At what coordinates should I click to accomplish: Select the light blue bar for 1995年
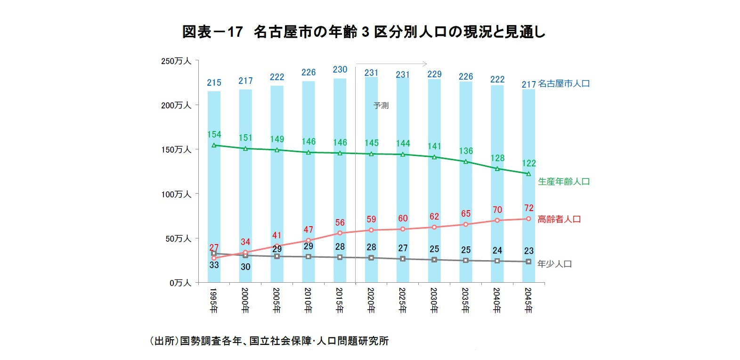[214, 198]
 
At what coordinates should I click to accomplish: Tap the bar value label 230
[340, 69]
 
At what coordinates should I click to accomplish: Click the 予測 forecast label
[381, 105]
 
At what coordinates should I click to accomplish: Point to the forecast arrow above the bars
[391, 64]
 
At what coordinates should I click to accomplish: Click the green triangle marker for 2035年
[466, 162]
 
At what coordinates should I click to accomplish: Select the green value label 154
[214, 135]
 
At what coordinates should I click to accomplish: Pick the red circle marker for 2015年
[340, 233]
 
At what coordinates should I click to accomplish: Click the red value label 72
[529, 208]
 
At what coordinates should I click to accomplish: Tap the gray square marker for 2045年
[529, 262]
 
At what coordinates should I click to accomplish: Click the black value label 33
[214, 265]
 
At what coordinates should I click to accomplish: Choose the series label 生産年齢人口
[563, 181]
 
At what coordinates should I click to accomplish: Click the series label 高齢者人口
[559, 219]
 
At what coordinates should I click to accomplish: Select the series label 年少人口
[554, 264]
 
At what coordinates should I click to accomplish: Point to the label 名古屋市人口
[563, 83]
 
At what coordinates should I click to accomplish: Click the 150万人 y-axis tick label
[176, 149]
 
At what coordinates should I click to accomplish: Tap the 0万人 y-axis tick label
[180, 283]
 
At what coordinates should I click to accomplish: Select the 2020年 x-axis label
[371, 300]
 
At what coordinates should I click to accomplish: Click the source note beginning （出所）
[269, 341]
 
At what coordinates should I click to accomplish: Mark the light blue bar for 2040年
[497, 198]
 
